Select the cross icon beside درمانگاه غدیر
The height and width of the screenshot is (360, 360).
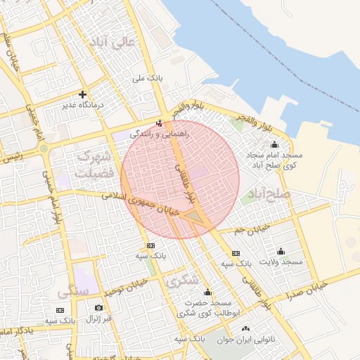[x=82, y=94]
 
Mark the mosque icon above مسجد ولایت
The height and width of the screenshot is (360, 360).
[x=281, y=251]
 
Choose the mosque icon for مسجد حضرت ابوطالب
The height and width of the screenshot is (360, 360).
[x=207, y=292]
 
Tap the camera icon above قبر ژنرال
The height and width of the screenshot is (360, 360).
[x=98, y=308]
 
